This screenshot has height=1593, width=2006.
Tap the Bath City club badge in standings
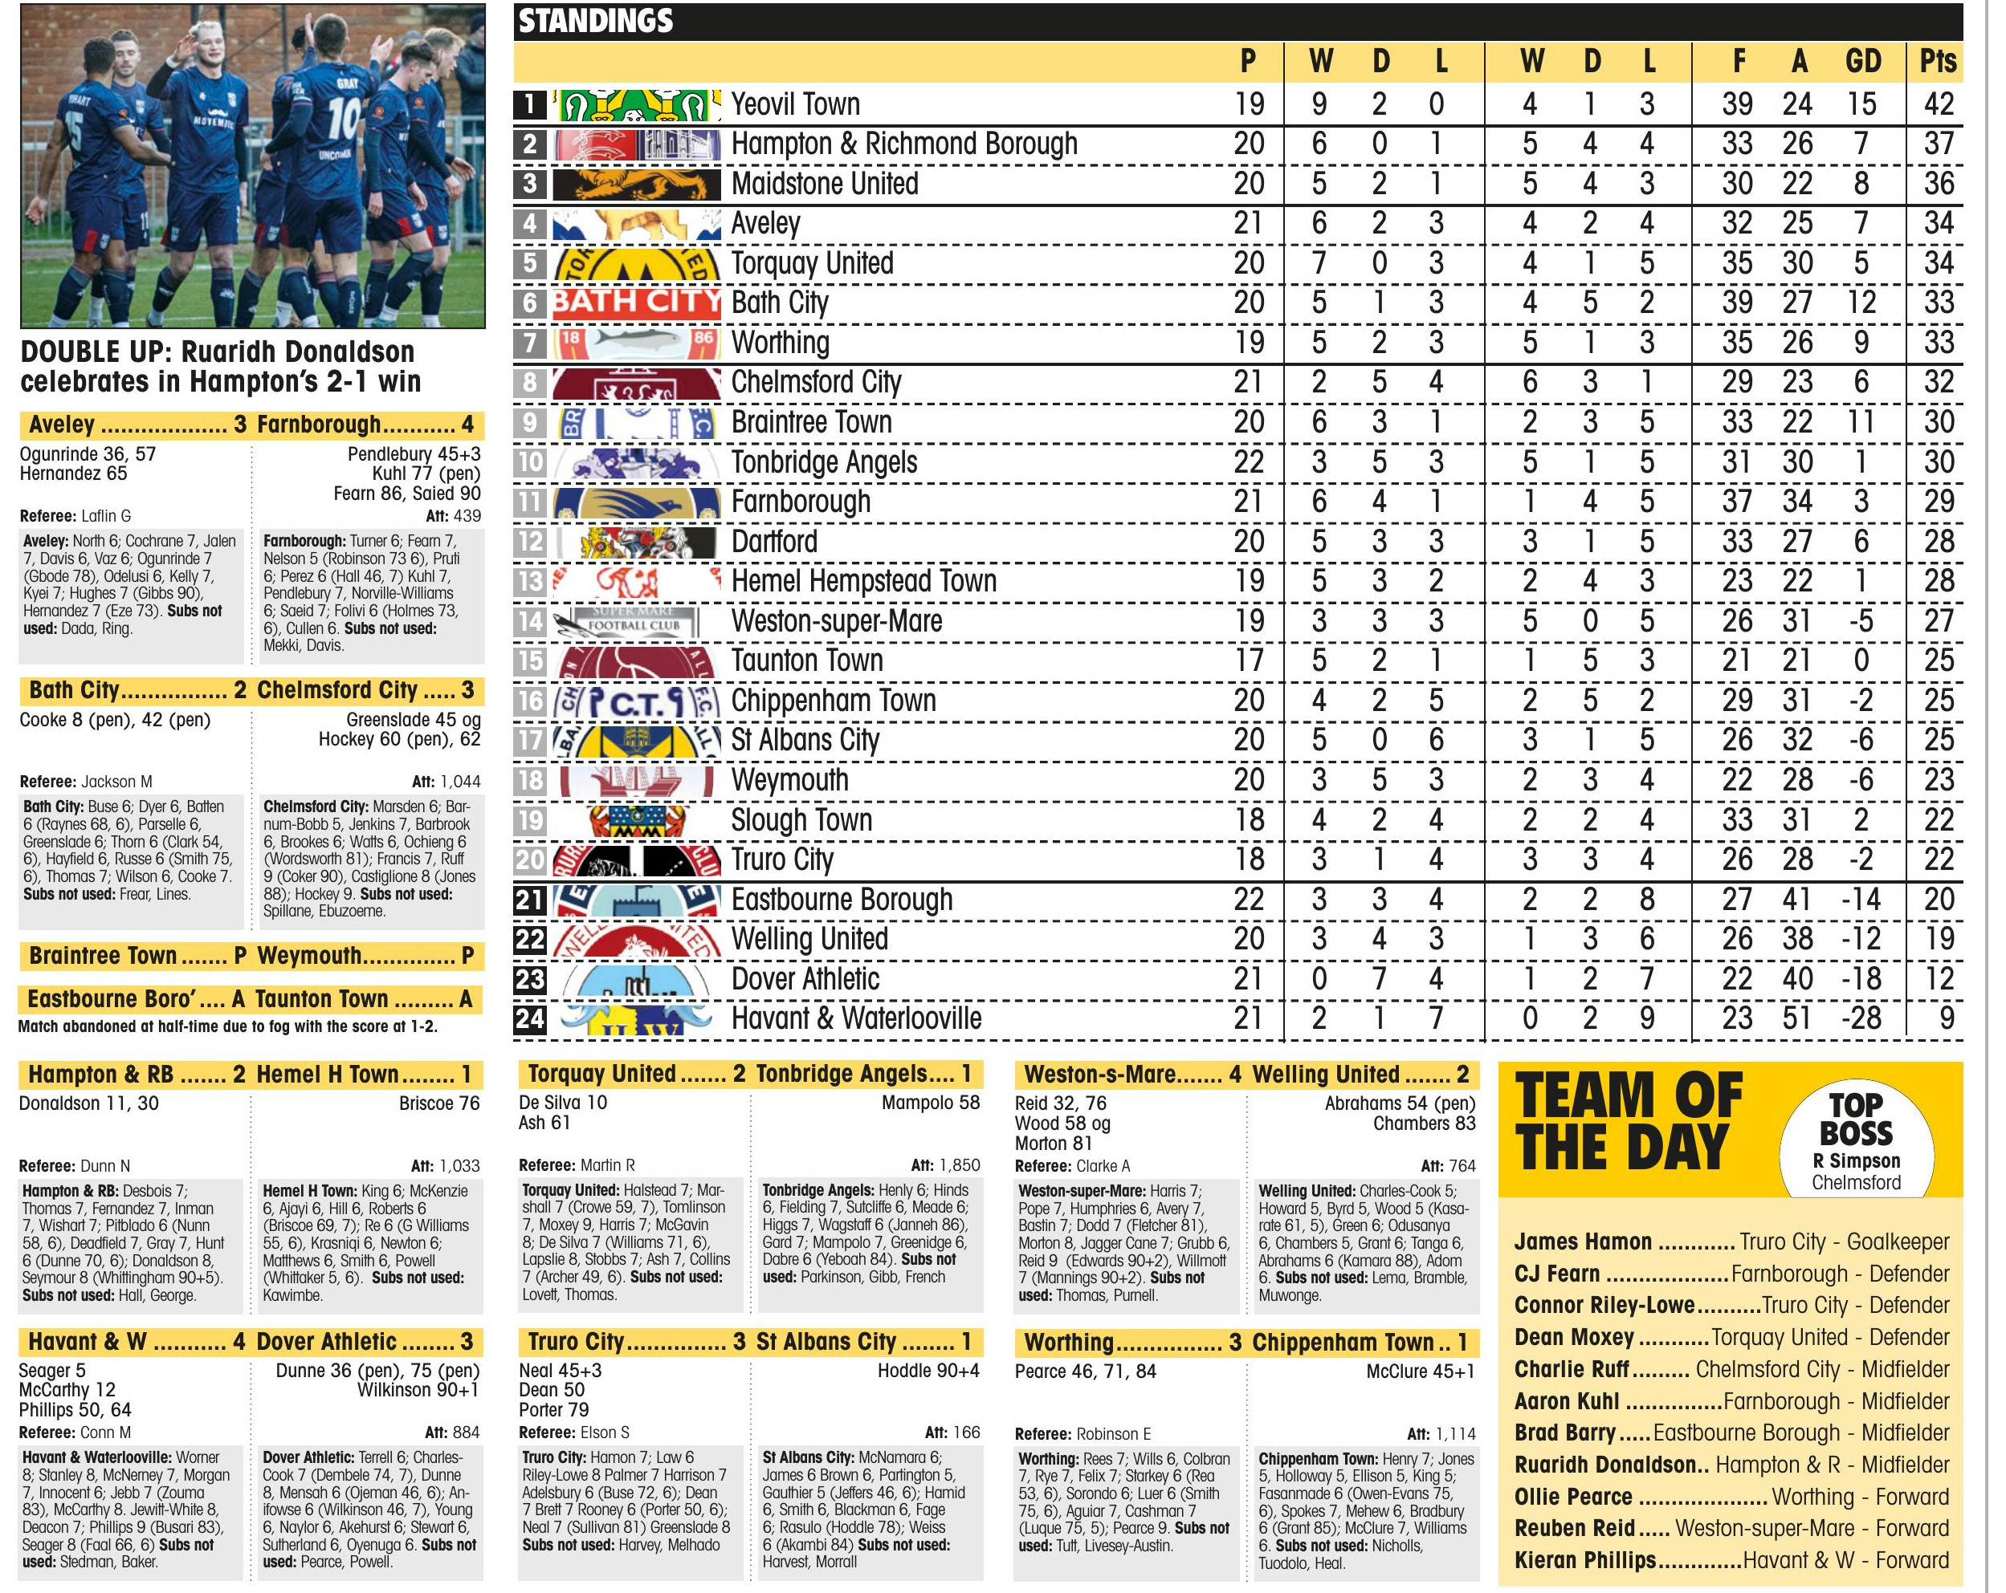(637, 303)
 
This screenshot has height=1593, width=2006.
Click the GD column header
(1863, 61)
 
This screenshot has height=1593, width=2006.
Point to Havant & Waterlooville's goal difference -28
(1861, 1018)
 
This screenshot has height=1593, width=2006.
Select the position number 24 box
(529, 1019)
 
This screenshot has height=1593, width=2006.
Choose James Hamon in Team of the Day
(1583, 1241)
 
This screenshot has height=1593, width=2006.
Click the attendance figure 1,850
(958, 1165)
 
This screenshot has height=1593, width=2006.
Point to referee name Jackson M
(116, 781)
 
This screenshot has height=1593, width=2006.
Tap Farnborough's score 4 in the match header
(467, 425)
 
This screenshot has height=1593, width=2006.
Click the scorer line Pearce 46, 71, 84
(1085, 1371)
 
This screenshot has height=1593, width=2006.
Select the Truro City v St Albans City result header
(749, 1342)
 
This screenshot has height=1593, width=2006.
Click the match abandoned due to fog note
(228, 1026)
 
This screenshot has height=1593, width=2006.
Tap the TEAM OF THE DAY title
(1629, 1120)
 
